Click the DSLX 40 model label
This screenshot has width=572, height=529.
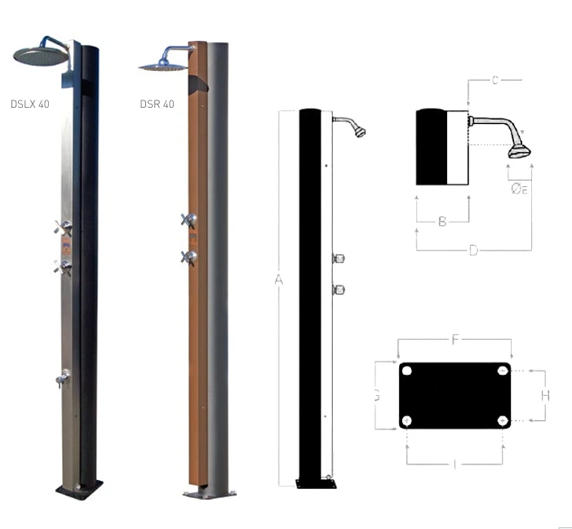(x=30, y=104)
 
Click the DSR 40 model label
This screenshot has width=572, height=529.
(x=157, y=104)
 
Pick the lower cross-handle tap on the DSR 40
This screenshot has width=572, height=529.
(x=189, y=257)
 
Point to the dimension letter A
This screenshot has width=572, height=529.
(x=278, y=280)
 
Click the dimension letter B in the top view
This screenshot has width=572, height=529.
(x=442, y=221)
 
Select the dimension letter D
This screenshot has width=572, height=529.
(x=473, y=250)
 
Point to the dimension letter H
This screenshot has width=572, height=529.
(x=545, y=395)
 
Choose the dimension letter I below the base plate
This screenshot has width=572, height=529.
(x=454, y=464)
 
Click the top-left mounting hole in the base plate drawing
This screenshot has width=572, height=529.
(x=407, y=371)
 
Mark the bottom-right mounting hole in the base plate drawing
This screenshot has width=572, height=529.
(x=503, y=420)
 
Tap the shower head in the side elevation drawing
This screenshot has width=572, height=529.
(x=359, y=131)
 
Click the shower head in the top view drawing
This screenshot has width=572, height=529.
(x=520, y=151)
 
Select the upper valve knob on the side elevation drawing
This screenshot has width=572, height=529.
(x=339, y=259)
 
